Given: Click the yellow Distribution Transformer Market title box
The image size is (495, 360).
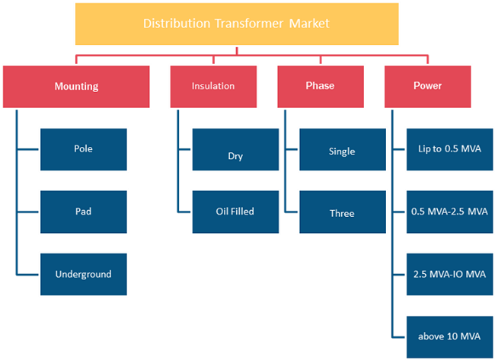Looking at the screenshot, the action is (237, 24).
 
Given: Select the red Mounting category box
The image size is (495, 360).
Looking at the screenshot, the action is (76, 87).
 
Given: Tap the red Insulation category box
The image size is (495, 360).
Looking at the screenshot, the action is (213, 87).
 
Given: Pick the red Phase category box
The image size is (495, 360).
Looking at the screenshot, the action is (321, 87).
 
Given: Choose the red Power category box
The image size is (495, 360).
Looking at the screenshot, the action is (427, 87).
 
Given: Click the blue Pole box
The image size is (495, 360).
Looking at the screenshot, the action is (84, 149).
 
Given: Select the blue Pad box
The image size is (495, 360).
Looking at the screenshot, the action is (84, 212).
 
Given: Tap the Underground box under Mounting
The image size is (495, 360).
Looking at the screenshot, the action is (84, 274).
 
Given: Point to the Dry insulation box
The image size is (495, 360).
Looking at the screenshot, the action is (235, 149).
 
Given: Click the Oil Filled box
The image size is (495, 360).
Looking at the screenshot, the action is (235, 212).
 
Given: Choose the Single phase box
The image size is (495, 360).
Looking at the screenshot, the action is (343, 149).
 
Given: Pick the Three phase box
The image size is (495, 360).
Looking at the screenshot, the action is (343, 212).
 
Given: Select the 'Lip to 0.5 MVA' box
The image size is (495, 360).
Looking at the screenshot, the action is (449, 149).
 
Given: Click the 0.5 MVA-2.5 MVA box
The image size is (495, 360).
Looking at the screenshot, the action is (449, 212).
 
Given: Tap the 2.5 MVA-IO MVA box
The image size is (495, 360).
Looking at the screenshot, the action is (449, 274).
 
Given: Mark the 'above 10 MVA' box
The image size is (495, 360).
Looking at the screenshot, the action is (449, 336).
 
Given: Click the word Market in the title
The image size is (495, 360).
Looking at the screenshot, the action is (309, 24).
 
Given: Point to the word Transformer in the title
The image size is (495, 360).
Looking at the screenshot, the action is (249, 24).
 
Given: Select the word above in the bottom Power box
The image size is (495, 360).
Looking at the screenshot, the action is (428, 336).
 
